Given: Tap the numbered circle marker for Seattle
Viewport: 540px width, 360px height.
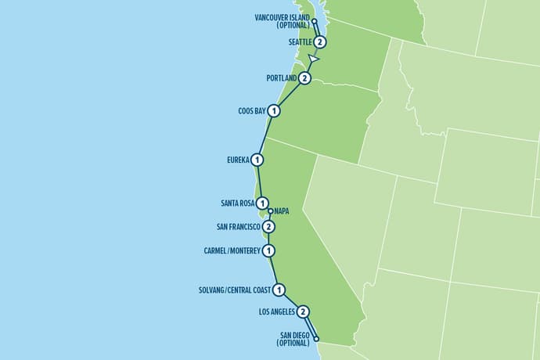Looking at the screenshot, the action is (320, 42).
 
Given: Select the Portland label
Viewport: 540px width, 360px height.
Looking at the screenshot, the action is (283, 79).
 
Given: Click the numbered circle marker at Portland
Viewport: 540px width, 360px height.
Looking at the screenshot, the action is (305, 79).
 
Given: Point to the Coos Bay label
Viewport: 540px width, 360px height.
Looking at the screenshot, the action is (252, 111).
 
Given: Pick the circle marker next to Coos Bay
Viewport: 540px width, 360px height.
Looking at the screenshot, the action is (274, 111).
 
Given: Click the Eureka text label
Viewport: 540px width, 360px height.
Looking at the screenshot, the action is (237, 160).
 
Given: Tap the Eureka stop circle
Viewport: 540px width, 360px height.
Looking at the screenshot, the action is (257, 160).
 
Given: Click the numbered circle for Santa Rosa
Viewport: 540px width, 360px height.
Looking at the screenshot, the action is (262, 203).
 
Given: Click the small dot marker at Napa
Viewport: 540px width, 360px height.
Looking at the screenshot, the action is (270, 211).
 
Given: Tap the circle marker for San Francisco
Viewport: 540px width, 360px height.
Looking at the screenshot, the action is (268, 228).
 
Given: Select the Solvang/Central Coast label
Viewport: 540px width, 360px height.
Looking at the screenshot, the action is (236, 290).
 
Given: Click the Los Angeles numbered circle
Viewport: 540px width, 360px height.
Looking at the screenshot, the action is (303, 311).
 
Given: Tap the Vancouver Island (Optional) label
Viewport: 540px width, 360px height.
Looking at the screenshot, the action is (283, 21).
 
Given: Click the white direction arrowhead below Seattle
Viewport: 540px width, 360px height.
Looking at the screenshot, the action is (314, 59).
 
